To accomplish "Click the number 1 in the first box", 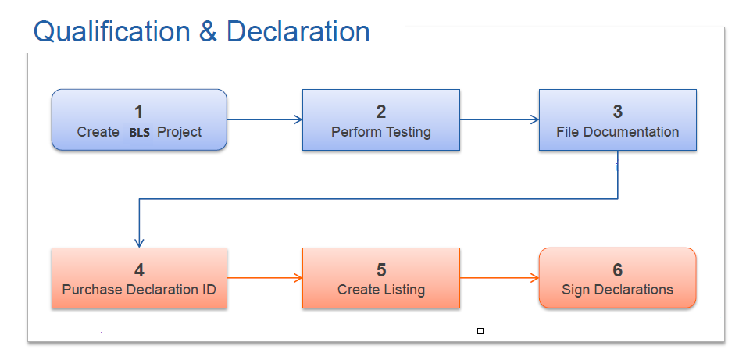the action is coord(138,112).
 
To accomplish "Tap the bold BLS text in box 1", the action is coord(139,133).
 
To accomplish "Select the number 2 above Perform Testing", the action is coord(381,112).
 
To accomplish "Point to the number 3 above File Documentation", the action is coord(618,112).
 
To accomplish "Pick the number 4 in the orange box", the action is coord(139,270).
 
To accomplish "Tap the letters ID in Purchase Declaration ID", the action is coord(209,290).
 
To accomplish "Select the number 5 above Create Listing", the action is coord(381,270).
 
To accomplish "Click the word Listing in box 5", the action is coord(403,290).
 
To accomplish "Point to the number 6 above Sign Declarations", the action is coord(618,270).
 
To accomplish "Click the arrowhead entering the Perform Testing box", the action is coord(298,119).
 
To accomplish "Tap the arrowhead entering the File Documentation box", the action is coord(534,119).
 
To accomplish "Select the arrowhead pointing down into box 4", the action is coord(139,243).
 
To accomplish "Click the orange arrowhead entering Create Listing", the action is coord(298,278).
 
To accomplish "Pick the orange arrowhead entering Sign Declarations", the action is coord(534,278).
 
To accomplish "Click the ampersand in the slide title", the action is coord(208,32).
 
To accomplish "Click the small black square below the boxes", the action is coord(480,331).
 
